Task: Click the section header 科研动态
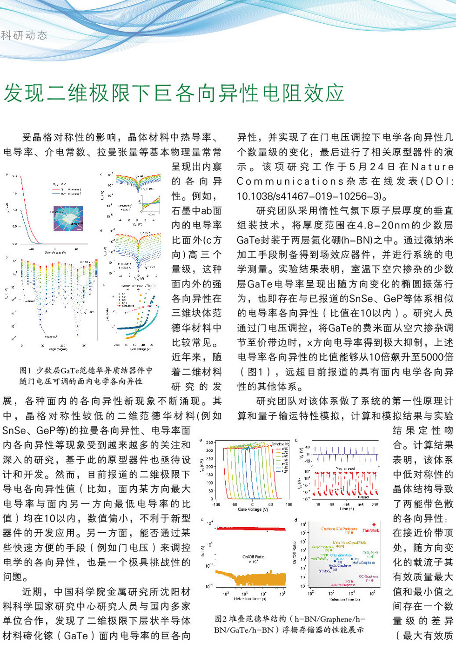24,35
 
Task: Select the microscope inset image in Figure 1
68,219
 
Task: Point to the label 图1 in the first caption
25,370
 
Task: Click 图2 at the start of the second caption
221,619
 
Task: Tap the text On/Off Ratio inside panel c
253,556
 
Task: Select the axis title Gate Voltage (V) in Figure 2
253,509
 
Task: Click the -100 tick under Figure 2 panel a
216,504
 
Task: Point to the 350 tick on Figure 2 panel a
210,442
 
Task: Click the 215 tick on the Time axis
375,504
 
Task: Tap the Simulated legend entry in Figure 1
128,306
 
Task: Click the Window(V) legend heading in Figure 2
281,444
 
